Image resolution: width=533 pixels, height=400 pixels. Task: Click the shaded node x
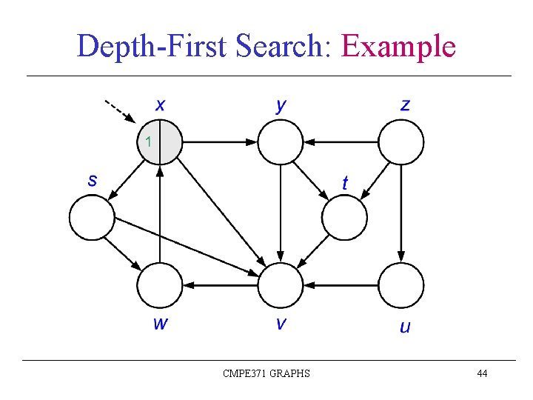[x=160, y=141]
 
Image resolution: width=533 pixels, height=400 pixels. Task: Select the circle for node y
[x=281, y=141]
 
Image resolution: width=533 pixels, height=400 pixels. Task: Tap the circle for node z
[x=401, y=141]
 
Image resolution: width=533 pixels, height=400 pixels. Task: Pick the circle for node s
[x=92, y=217]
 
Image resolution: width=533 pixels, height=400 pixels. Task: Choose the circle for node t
[x=345, y=217]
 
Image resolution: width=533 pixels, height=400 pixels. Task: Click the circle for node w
[x=160, y=285]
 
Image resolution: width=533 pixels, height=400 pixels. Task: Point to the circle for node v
[x=281, y=285]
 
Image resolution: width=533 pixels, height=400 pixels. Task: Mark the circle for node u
[x=401, y=285]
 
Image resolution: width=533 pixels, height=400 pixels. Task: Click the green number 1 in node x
[x=148, y=141]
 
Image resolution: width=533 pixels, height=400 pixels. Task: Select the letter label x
[x=160, y=104]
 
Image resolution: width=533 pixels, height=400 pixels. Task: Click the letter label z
[x=404, y=104]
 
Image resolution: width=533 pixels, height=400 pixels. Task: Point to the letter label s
[x=93, y=180]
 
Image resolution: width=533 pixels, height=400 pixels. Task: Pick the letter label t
[x=345, y=182]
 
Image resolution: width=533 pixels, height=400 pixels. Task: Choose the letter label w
[x=160, y=324]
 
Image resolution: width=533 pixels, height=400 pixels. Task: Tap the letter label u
[x=404, y=327]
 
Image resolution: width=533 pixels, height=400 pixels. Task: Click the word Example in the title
[x=398, y=47]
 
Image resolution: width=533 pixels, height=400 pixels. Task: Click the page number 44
[x=482, y=373]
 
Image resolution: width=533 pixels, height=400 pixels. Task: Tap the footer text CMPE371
[x=245, y=373]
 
